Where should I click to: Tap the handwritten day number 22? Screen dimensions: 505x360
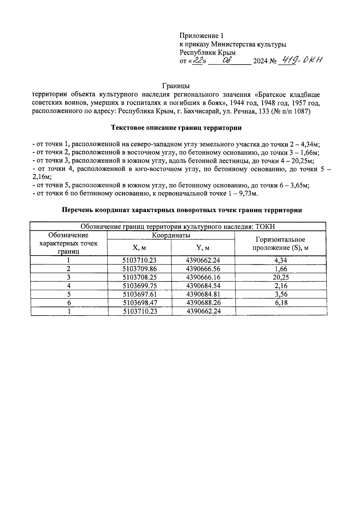[198, 61]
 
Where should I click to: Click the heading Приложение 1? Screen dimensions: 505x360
[201, 36]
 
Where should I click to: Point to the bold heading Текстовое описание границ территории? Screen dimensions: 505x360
[176, 128]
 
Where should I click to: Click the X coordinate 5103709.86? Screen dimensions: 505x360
[140, 269]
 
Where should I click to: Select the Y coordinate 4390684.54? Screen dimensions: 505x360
[203, 286]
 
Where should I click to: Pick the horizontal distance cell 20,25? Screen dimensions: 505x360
[281, 277]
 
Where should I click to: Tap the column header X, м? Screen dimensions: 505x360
[139, 248]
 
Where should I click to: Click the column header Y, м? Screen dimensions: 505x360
[203, 248]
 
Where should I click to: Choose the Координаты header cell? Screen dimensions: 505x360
[171, 235]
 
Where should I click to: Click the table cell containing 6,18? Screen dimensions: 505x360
[281, 303]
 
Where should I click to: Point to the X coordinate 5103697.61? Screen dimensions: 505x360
[140, 294]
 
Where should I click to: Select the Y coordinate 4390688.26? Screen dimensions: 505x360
[203, 303]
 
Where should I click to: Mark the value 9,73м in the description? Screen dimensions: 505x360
[248, 193]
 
